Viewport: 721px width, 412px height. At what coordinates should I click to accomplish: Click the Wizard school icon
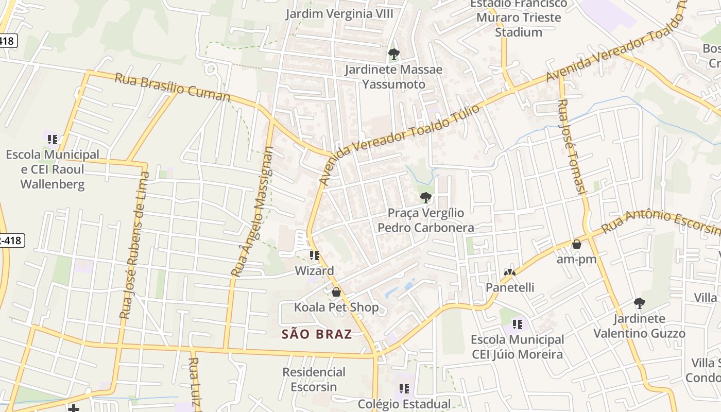point(315,255)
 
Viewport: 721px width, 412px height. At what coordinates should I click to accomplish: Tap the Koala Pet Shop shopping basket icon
point(336,292)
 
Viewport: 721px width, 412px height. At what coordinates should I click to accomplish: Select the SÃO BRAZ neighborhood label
point(317,334)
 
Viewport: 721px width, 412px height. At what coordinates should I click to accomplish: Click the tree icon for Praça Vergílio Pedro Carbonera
point(425,197)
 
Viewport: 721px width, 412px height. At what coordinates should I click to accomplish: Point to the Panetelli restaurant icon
point(510,272)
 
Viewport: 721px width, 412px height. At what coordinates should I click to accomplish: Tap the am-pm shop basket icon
point(577,244)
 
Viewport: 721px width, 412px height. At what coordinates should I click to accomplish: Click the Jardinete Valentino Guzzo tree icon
point(639,303)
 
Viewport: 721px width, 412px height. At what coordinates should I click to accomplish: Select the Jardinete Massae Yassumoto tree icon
point(394,54)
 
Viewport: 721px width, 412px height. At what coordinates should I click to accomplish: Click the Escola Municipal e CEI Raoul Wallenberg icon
point(53,139)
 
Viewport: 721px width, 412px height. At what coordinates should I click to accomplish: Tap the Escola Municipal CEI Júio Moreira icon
point(518,324)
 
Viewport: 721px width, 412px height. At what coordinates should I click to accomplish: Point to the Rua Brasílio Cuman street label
point(172,87)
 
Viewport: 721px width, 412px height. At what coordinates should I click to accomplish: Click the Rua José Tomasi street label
point(572,147)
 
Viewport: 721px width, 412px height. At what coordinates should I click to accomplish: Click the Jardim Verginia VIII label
point(339,14)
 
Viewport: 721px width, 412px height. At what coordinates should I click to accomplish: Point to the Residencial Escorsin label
point(314,379)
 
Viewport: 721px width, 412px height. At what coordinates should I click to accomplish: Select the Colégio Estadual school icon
point(404,389)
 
